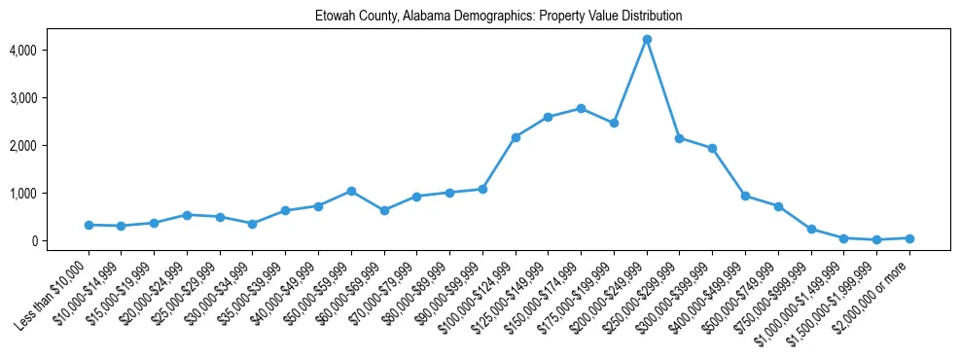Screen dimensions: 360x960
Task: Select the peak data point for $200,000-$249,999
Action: click(647, 39)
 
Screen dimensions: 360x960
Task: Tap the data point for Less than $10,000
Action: click(89, 225)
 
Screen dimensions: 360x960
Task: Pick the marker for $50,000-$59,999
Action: click(351, 191)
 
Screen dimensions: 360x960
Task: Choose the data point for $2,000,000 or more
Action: click(909, 238)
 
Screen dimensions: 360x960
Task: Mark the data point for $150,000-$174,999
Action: click(581, 108)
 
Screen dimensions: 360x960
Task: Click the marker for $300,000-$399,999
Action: click(712, 148)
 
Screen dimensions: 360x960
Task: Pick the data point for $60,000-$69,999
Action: click(384, 210)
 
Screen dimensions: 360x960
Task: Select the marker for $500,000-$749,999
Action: click(778, 206)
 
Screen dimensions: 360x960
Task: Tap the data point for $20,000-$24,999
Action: click(187, 215)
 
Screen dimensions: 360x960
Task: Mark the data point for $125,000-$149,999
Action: click(548, 117)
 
